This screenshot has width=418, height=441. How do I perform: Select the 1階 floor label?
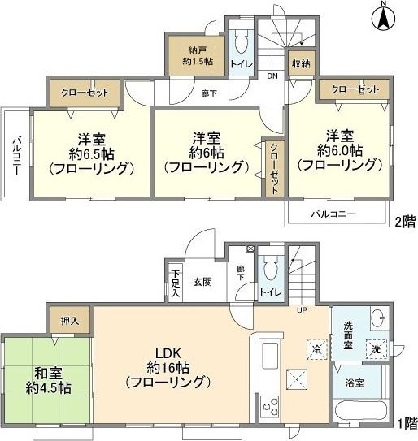(x=407, y=422)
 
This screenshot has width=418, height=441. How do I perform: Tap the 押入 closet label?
(x=70, y=322)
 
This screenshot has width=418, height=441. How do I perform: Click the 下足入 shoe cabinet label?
(x=176, y=282)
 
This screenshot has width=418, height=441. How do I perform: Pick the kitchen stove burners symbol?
(x=270, y=404)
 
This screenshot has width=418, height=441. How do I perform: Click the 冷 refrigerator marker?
(x=316, y=348)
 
